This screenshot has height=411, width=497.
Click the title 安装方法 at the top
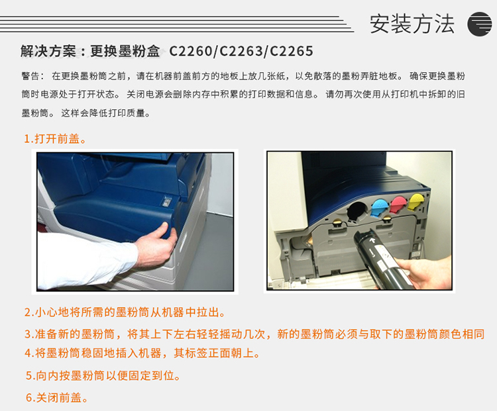412,24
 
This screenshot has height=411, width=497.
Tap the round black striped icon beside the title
479,24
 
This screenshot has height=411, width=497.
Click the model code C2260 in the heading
190,51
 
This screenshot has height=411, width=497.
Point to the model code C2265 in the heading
292,51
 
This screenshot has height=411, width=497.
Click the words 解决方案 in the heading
48,51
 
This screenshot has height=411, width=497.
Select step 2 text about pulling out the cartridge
125,312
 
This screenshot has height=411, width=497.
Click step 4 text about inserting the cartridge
142,353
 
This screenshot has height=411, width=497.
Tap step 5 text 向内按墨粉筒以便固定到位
103,375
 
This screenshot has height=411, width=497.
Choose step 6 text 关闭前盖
57,397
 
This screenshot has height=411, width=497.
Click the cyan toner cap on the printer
380,206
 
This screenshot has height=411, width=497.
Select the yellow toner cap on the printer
415,202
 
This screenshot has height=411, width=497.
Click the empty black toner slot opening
357,210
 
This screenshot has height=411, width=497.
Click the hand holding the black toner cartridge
425,271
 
